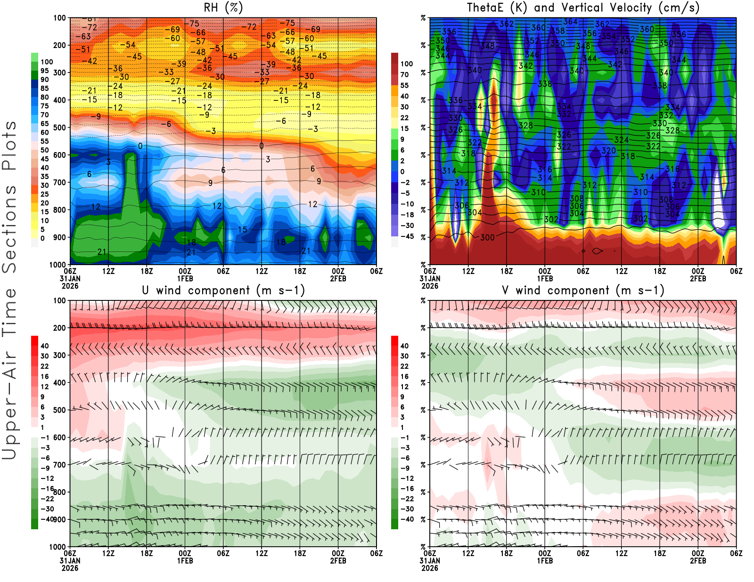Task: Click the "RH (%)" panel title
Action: (223, 8)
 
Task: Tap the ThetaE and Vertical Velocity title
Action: (583, 8)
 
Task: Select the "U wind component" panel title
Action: (223, 290)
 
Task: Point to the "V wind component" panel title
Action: (583, 290)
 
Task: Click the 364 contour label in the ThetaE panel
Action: (570, 22)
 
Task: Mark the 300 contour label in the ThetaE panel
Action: (487, 237)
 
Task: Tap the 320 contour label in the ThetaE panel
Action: (608, 151)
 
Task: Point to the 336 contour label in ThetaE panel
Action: (455, 100)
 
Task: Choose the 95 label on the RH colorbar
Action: (45, 71)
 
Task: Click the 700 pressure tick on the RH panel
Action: (59, 182)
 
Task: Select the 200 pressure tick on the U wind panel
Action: (59, 328)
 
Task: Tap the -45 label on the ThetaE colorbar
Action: (407, 236)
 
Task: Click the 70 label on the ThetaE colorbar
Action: (404, 74)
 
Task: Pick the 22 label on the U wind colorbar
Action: (45, 366)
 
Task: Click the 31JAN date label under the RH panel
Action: (70, 278)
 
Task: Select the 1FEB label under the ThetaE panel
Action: (545, 278)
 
